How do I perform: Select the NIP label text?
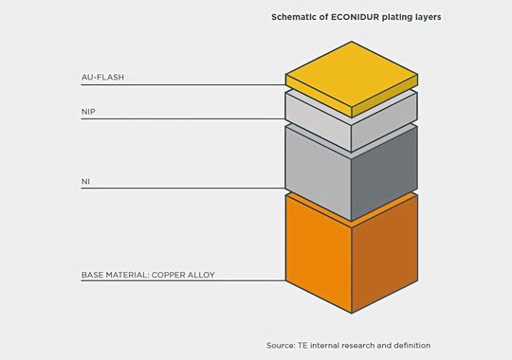(x=87, y=111)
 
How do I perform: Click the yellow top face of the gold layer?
(x=352, y=77)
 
